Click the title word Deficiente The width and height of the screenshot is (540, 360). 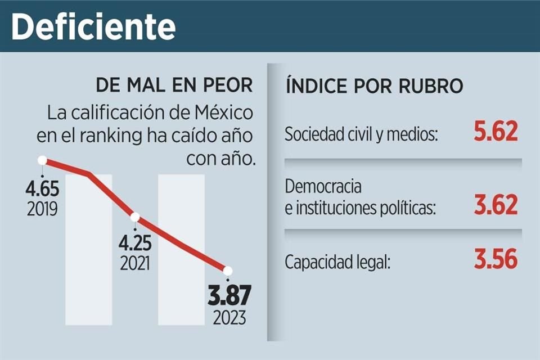[93, 26]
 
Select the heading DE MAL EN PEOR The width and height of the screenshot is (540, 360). [174, 86]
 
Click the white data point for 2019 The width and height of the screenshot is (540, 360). [42, 160]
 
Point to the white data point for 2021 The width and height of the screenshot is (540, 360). [135, 217]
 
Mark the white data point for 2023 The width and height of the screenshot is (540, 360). [228, 271]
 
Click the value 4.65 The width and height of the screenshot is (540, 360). [42, 188]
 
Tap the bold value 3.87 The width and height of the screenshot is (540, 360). [228, 296]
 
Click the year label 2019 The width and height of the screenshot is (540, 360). [42, 209]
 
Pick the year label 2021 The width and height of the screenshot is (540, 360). [135, 263]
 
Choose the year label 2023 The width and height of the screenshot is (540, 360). [229, 318]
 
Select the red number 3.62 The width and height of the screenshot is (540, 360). [495, 206]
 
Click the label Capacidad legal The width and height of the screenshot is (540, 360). [337, 263]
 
